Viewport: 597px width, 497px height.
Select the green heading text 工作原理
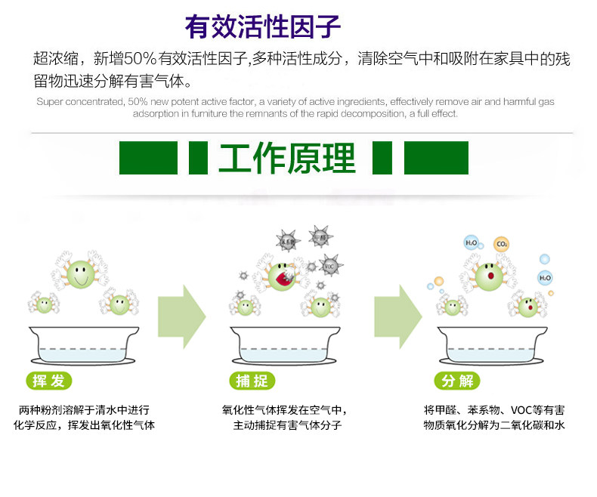[287, 159]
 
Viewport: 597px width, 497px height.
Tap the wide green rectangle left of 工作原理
[148, 158]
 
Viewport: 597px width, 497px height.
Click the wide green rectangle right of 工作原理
[436, 158]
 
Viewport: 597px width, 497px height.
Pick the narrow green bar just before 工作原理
[198, 158]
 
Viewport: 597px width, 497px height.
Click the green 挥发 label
[49, 381]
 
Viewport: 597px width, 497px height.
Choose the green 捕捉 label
[252, 381]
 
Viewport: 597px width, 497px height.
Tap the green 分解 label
[457, 381]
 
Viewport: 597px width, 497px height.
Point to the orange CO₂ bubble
[501, 244]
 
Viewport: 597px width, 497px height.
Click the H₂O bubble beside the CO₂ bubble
[472, 243]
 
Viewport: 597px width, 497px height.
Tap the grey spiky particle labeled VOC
[329, 266]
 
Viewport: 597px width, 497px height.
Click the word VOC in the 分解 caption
[521, 410]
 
